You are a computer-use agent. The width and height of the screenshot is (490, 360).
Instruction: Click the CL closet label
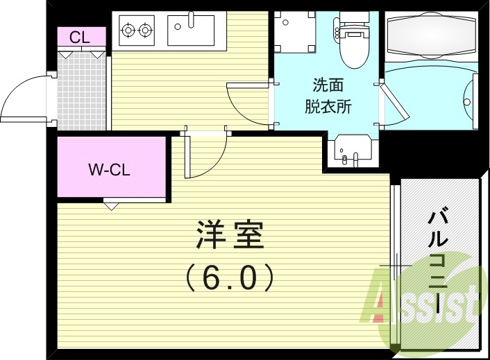(79, 37)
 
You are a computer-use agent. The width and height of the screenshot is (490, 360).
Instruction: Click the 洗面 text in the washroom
(327, 87)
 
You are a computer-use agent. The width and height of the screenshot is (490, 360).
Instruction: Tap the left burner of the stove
(128, 30)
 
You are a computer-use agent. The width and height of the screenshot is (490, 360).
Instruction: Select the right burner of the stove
(145, 30)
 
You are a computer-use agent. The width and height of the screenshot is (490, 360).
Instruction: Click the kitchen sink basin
(191, 30)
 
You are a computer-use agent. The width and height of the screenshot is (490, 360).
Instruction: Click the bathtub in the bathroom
(430, 35)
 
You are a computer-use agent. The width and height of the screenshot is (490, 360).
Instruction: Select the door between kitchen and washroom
(246, 104)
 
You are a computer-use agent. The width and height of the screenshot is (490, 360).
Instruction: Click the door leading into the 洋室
(205, 156)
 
